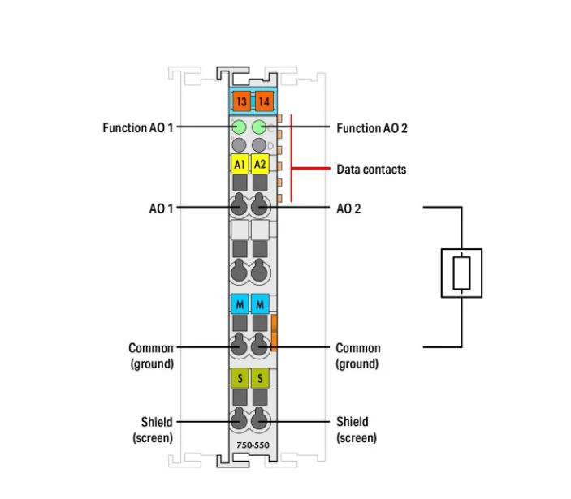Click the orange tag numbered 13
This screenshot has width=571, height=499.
coord(240,101)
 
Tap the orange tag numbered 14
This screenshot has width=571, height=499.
coord(263,101)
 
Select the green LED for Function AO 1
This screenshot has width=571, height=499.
coord(240,127)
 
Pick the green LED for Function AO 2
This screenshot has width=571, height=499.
coord(260,127)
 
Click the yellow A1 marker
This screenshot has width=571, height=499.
coord(240,165)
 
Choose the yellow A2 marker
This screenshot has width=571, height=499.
coord(260,165)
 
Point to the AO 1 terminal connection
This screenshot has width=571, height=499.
coord(240,207)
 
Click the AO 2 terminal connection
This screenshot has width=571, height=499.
coord(260,207)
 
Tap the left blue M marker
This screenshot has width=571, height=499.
coord(240,304)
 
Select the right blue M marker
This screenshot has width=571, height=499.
coord(261,304)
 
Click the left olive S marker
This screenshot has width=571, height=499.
coord(240,377)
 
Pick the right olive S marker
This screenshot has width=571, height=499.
coord(261,377)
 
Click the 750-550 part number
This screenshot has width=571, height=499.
coord(250,445)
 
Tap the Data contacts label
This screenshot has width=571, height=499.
coord(371,170)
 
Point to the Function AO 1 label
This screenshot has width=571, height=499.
coord(138,128)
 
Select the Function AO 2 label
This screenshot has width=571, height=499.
coord(372,128)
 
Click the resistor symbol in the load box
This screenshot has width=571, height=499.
coord(461,273)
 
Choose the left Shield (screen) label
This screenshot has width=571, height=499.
coord(153,429)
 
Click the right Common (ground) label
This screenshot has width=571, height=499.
coord(357,355)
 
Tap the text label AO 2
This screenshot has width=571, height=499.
coord(348,209)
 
